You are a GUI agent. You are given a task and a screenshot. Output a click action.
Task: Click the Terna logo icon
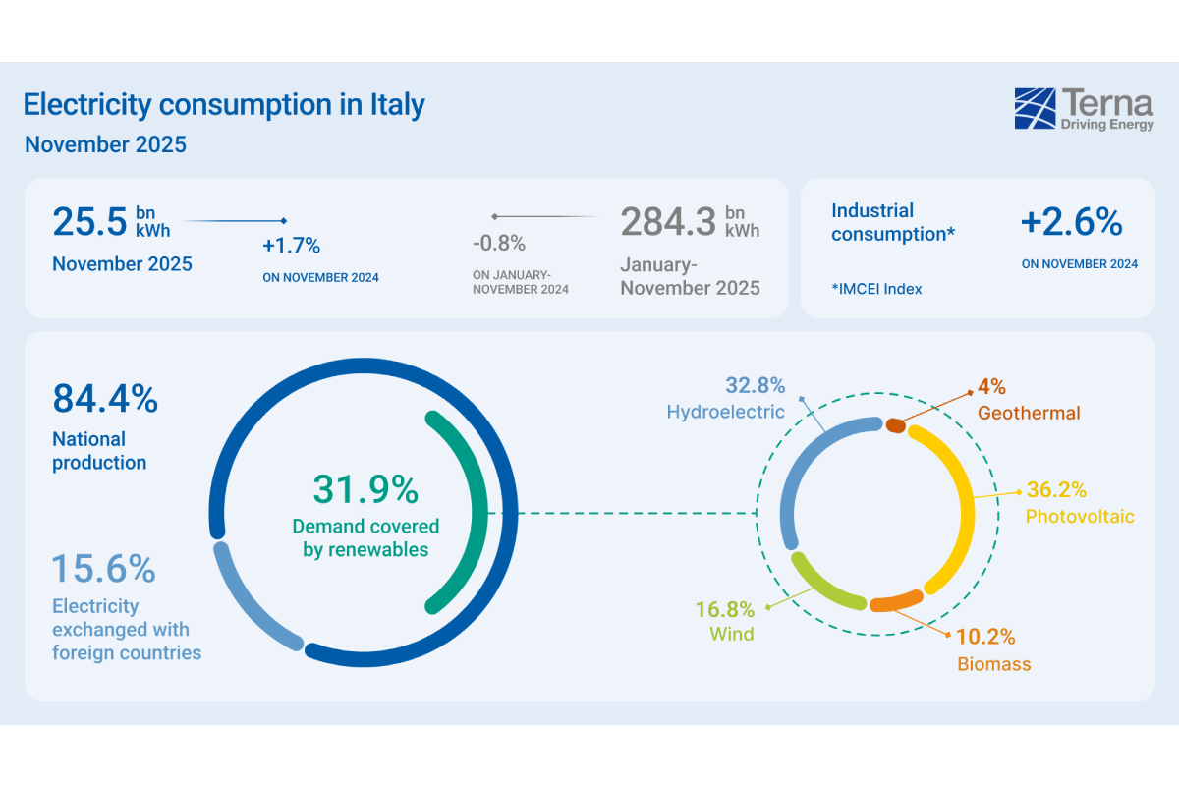tap(1035, 108)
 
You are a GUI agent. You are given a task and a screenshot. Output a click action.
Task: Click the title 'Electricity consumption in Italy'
tap(224, 105)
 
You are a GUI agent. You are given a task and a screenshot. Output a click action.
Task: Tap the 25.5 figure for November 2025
tap(89, 221)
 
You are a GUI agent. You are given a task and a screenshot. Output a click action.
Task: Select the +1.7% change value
tap(291, 246)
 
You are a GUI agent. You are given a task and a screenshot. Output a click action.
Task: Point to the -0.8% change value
tap(499, 243)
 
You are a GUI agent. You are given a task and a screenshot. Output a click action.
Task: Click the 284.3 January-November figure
tap(667, 221)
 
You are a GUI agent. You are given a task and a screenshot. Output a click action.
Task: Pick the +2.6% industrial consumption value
tap(1071, 223)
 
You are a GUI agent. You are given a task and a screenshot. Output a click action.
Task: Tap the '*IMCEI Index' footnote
tap(876, 289)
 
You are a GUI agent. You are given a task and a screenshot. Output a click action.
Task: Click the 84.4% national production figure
tap(104, 399)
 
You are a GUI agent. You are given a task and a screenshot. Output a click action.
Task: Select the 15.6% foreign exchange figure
tap(103, 568)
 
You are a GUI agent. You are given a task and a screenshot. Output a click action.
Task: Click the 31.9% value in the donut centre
tap(365, 489)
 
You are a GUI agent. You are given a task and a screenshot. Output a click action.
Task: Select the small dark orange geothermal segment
tap(895, 424)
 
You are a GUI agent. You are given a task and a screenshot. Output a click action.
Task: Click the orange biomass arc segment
tap(895, 601)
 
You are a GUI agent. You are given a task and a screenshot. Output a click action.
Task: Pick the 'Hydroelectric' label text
tap(725, 412)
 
